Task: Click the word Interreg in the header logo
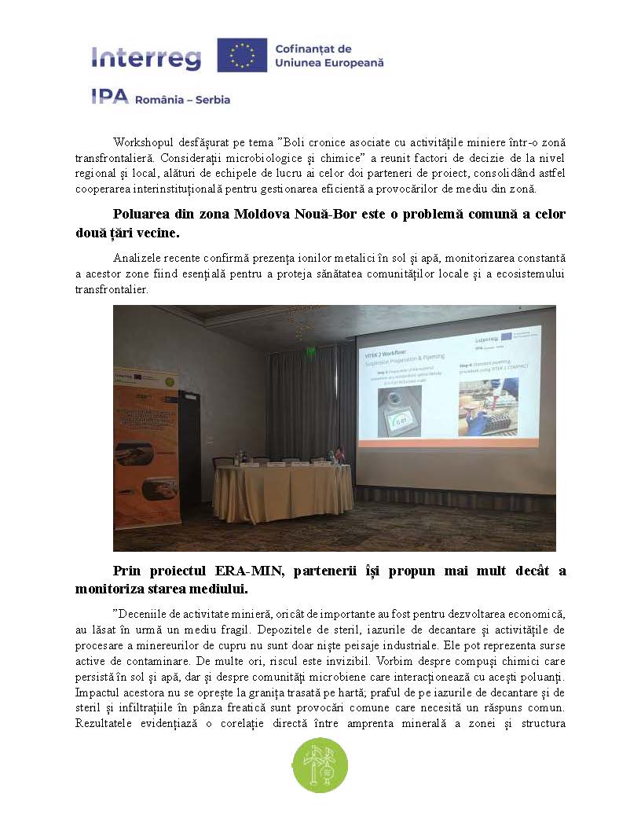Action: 146,57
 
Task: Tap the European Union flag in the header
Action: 241,55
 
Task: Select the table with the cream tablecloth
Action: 273,491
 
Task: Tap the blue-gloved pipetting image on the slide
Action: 488,407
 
